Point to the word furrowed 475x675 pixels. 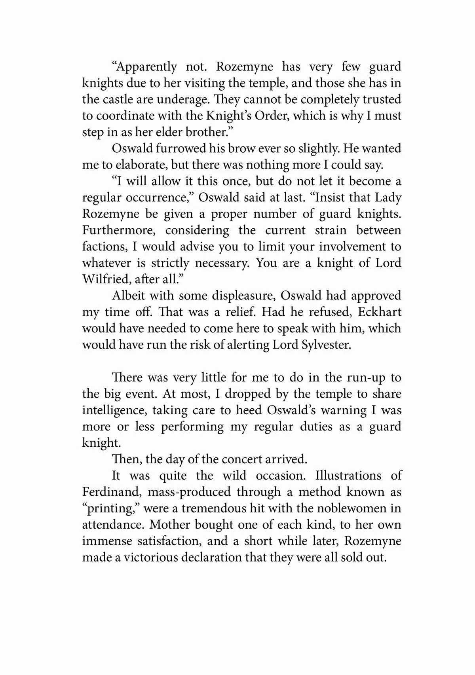tap(173, 148)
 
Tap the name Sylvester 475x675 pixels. tap(326, 345)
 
